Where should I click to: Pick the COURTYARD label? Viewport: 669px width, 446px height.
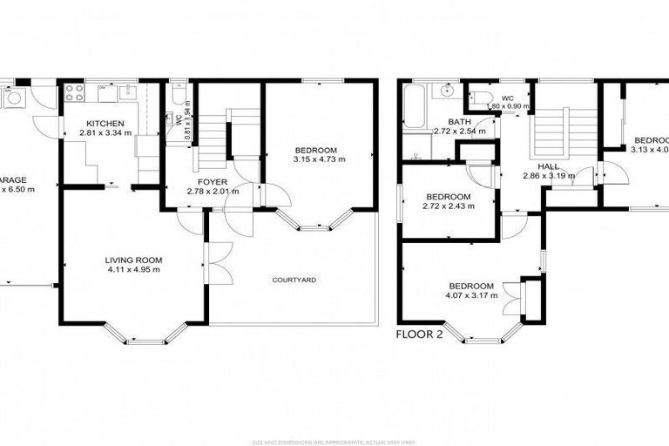pos(294,280)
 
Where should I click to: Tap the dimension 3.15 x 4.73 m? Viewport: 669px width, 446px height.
pos(319,160)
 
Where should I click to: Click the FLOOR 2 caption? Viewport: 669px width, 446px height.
pos(419,334)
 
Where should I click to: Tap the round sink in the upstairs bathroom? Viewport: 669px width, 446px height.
pos(447,89)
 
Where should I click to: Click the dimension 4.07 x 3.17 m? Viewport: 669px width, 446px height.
pos(470,296)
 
